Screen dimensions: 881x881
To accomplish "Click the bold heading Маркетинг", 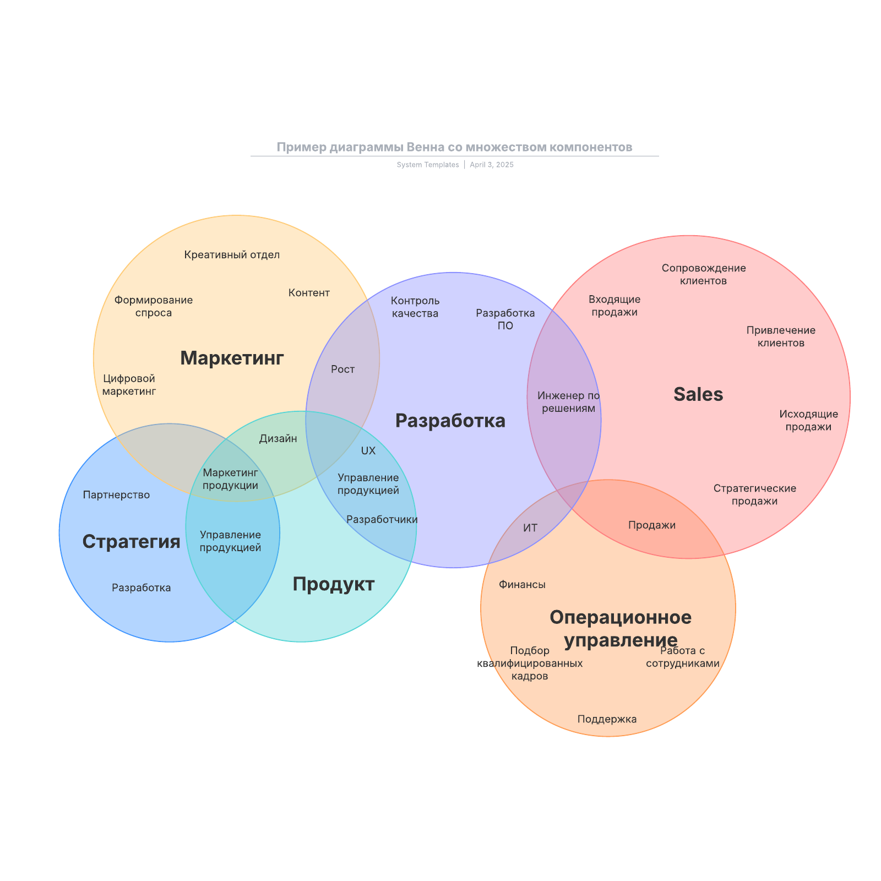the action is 232,358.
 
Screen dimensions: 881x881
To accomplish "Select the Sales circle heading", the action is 698,394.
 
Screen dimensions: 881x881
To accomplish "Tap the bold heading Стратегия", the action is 131,542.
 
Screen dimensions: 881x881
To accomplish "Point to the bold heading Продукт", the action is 333,584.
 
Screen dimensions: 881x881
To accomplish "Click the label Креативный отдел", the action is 232,255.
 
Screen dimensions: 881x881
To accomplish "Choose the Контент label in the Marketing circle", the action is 309,293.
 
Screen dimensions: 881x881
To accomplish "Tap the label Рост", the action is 342,369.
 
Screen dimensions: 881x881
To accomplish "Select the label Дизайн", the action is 278,439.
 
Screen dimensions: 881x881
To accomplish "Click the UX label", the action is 368,451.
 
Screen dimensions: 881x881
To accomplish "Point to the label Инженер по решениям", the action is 569,402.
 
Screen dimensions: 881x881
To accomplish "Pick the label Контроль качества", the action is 415,307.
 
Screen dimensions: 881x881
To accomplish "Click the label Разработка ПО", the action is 505,319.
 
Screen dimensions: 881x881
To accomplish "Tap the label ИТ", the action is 530,528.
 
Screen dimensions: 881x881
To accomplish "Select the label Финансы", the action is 522,585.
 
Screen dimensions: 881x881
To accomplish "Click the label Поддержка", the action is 607,719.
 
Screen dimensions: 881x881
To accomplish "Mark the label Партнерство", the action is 116,495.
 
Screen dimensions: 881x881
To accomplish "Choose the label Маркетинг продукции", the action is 230,479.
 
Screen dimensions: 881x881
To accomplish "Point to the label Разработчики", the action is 382,520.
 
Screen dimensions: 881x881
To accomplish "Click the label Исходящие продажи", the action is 808,421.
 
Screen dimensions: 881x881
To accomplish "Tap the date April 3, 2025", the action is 492,165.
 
